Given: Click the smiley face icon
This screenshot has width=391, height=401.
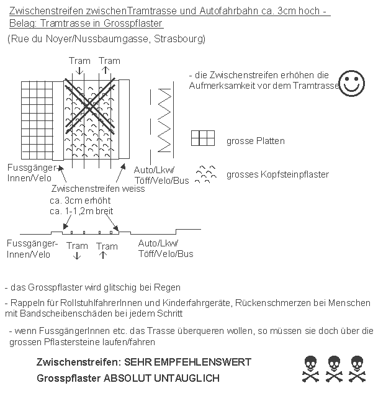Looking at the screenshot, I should [352, 83].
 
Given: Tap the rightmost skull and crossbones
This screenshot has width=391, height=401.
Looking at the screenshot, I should [357, 368].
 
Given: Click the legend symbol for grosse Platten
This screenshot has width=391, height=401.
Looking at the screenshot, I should [203, 138].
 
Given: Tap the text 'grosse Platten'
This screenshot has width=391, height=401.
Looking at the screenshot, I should [256, 141].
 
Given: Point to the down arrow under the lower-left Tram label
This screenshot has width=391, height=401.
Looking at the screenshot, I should [77, 256].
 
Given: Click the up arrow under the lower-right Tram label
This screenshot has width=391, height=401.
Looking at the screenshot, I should [103, 256].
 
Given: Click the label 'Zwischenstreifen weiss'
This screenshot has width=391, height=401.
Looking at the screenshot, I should [98, 189].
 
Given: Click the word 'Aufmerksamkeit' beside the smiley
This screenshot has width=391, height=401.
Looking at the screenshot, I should [220, 85].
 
